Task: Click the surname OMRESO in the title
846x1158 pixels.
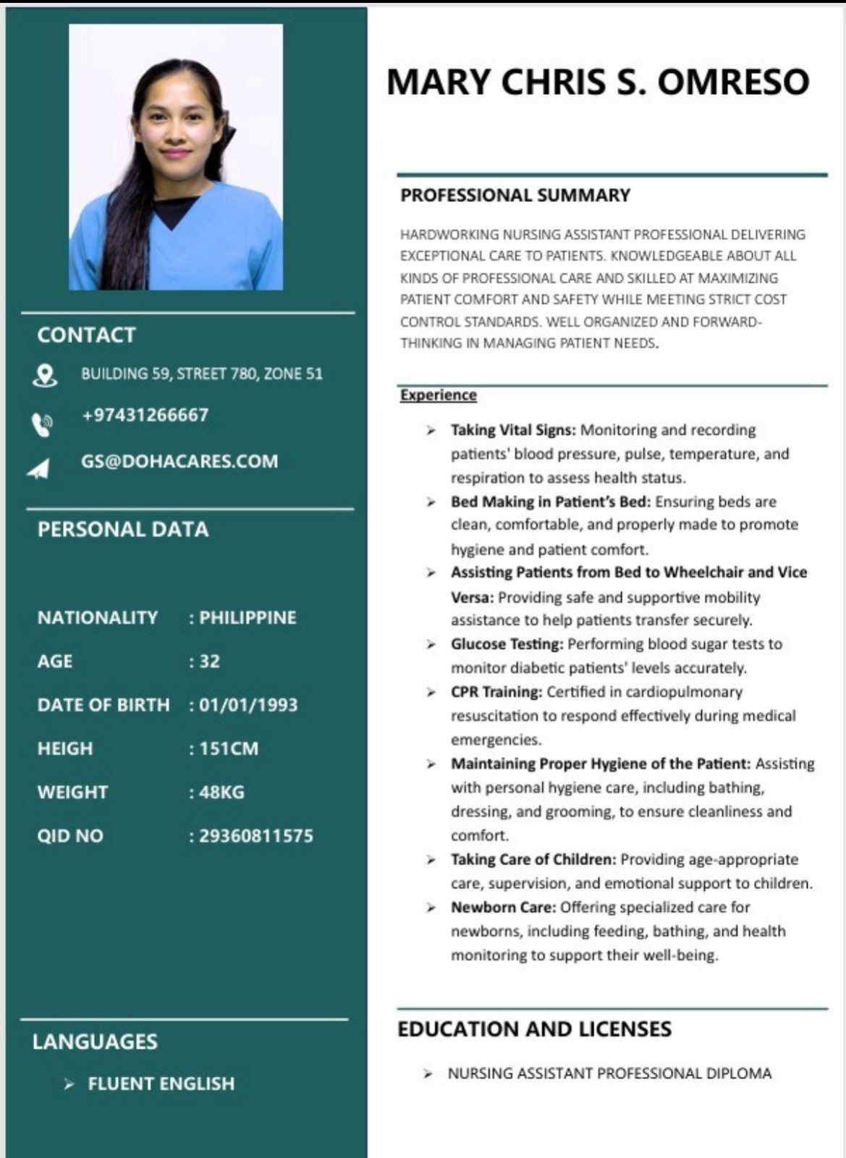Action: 733,82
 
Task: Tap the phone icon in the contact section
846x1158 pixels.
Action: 42,425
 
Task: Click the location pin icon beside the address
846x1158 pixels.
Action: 45,376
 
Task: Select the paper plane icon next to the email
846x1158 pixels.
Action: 39,469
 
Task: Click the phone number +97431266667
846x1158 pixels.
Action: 145,415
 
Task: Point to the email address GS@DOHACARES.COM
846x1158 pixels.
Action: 179,462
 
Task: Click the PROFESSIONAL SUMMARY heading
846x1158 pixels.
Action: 515,195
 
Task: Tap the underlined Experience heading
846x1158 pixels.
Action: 438,395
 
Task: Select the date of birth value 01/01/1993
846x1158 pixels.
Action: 248,705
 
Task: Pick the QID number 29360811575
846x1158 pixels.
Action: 256,836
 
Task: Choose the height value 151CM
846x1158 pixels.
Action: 229,748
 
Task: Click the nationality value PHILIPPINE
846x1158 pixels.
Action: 248,617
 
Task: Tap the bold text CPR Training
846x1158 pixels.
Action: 496,692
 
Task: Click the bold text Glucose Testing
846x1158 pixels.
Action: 507,644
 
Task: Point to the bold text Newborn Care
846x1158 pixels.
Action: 503,908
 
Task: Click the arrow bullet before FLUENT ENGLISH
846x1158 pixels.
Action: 69,1084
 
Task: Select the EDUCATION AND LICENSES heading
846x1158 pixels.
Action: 534,1029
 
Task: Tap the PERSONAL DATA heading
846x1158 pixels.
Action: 123,530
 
